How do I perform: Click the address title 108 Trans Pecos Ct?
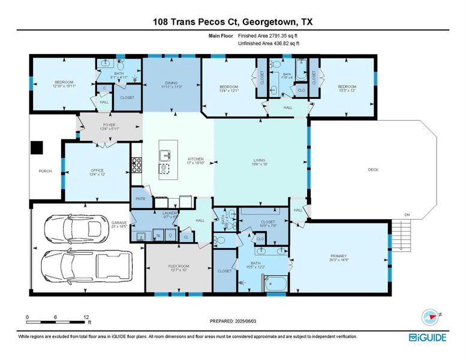[x=233, y=23]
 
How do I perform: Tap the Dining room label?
[x=172, y=85]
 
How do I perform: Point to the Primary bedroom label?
[x=339, y=257]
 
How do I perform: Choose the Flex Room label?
[x=178, y=267]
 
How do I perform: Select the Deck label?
[x=373, y=170]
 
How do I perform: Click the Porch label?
[x=45, y=171]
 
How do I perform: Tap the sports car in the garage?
[x=86, y=227]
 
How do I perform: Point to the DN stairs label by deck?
[x=407, y=215]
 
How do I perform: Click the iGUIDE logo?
[x=428, y=337]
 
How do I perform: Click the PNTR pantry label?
[x=140, y=198]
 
